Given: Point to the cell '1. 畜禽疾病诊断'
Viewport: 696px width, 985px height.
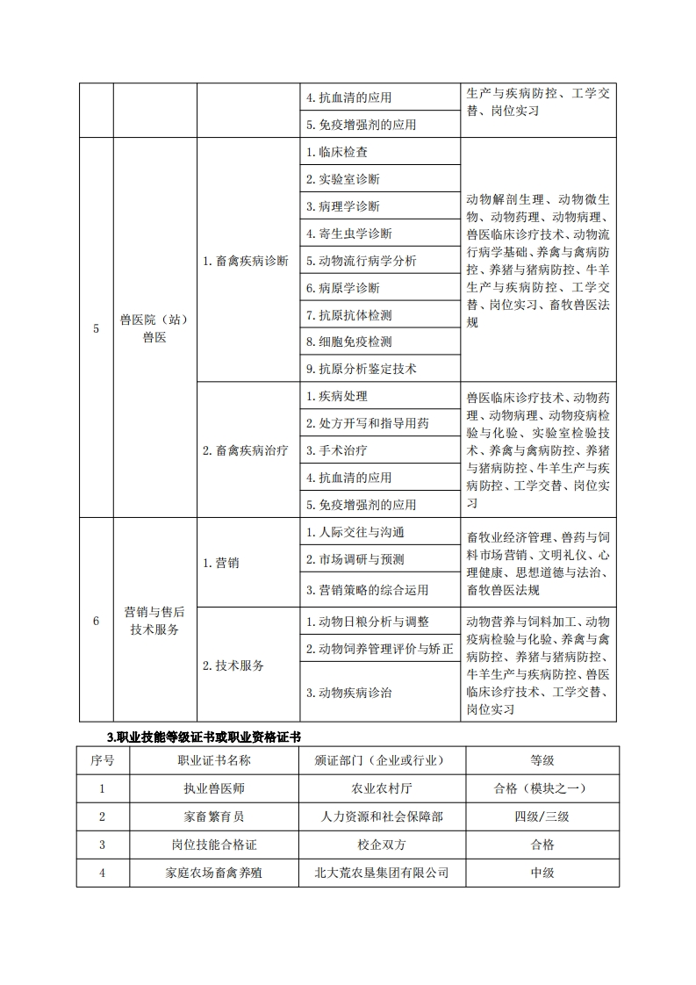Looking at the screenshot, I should [246, 261].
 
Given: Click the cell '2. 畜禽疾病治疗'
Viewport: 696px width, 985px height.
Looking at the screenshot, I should [246, 450].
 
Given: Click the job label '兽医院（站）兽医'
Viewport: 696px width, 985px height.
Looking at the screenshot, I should [154, 328].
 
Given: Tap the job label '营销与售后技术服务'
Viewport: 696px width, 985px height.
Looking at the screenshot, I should [154, 621].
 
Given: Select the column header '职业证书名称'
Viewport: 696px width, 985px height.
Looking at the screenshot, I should [214, 760].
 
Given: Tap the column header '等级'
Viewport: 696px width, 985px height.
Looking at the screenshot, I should [542, 760].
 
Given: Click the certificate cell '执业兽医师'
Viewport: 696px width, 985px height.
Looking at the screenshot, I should [214, 788].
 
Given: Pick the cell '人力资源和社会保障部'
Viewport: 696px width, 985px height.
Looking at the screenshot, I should [382, 816].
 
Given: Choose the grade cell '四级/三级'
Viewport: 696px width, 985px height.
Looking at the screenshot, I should [542, 816].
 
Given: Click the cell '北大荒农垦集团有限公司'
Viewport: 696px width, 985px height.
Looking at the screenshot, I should [382, 873].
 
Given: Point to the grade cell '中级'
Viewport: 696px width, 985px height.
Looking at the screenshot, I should [542, 873].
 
